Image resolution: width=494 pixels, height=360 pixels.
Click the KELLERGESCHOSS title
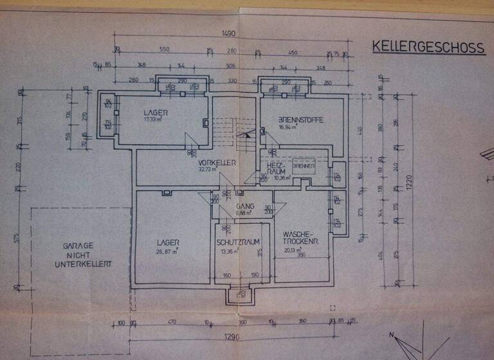coord(428,48)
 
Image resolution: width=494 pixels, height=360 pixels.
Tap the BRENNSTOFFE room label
coord(300,120)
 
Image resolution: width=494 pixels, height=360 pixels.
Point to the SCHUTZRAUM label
coord(239,242)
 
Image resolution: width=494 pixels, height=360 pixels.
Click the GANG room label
coord(245,206)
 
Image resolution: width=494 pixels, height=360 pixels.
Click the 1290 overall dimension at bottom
coord(233,337)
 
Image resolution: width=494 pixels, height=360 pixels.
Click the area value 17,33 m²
coord(154,119)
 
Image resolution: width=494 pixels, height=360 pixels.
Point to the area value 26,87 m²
coord(167,252)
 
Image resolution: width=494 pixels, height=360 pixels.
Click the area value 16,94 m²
coord(287,127)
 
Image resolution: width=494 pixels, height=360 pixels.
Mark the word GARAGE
coord(78,246)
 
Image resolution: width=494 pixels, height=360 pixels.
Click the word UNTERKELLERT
coord(84,264)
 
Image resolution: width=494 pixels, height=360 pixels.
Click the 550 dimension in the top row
coord(164,50)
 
